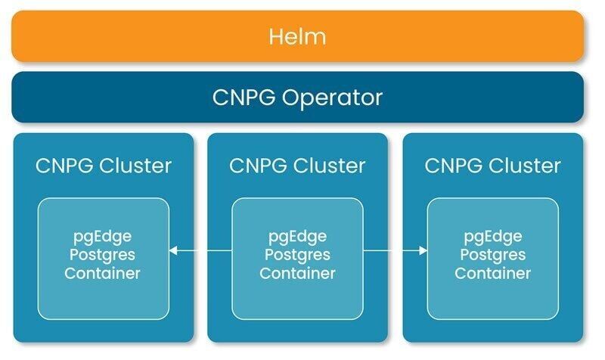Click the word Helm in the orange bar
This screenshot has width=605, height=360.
(x=297, y=36)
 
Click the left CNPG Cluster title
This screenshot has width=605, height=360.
(x=103, y=165)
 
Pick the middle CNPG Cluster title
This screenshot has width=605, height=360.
(x=297, y=165)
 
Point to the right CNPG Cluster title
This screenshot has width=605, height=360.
(x=492, y=165)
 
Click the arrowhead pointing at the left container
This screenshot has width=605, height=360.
(x=174, y=251)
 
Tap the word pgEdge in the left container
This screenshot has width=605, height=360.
(x=102, y=234)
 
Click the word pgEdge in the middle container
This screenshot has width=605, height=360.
(x=297, y=234)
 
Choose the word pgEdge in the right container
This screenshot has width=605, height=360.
(x=492, y=234)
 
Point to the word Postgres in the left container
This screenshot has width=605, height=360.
(x=102, y=254)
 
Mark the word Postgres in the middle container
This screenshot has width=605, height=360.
(x=297, y=254)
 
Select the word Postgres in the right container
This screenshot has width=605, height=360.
(x=492, y=254)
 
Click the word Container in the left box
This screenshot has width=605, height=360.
(x=102, y=273)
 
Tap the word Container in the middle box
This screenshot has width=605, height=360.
(x=297, y=273)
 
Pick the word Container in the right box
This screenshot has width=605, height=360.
(x=492, y=273)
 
